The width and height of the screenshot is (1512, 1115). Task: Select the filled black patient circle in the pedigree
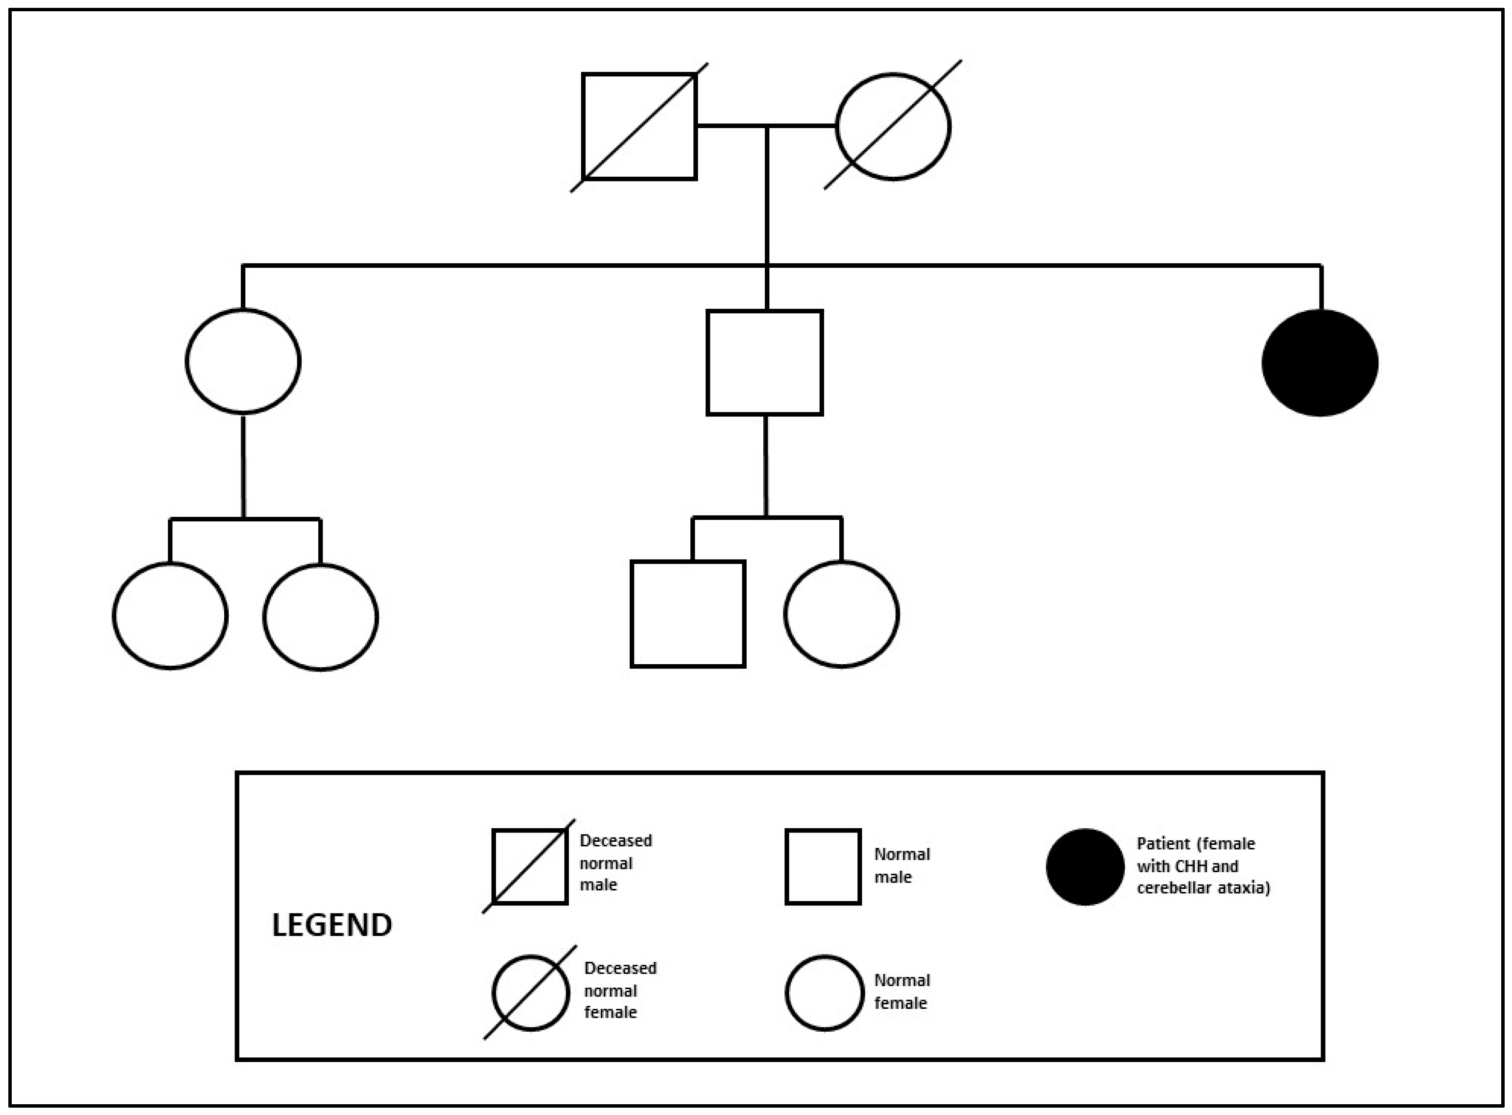point(1320,362)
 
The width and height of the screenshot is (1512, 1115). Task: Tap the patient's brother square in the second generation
point(764,362)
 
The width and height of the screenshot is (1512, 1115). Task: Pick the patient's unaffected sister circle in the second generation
point(243,361)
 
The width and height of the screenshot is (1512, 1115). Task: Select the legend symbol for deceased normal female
point(531,993)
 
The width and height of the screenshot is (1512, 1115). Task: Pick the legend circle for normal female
point(824,993)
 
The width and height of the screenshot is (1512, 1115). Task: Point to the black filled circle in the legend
point(1085,867)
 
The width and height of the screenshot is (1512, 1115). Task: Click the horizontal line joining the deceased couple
point(766,125)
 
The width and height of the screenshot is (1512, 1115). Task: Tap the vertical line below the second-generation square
point(765,465)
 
